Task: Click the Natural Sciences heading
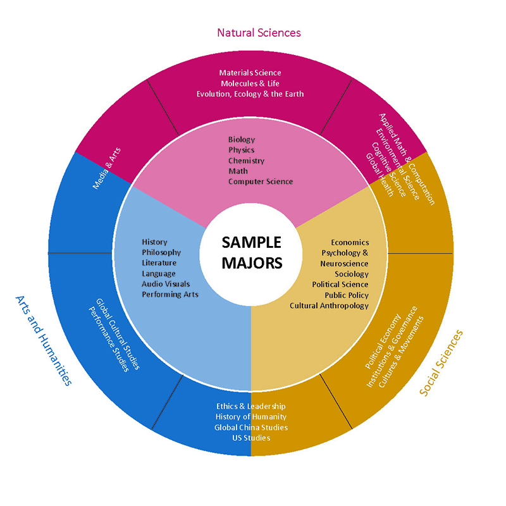click(x=259, y=32)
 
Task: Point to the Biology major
click(x=242, y=140)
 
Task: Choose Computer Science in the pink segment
click(x=261, y=182)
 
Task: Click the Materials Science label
click(x=250, y=73)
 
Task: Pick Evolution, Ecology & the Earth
click(x=250, y=94)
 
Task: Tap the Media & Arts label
click(x=107, y=168)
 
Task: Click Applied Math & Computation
click(x=407, y=159)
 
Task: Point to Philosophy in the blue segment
click(x=161, y=252)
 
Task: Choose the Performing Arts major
click(x=170, y=294)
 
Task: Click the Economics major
click(x=350, y=242)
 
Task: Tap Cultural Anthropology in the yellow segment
click(x=329, y=305)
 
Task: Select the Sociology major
click(x=352, y=274)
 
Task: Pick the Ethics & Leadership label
click(x=251, y=406)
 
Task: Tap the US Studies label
click(x=251, y=438)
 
